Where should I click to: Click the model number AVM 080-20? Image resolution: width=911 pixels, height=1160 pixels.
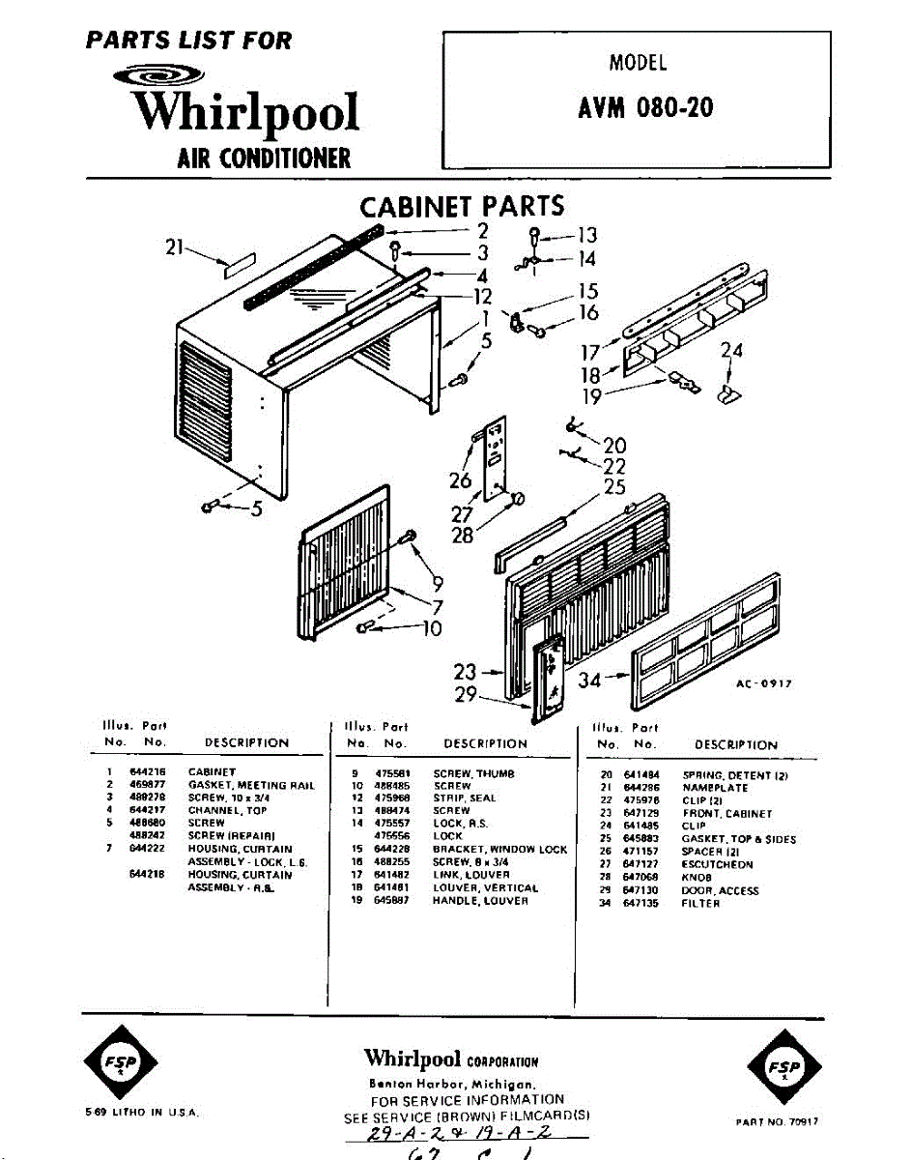pyautogui.click(x=645, y=106)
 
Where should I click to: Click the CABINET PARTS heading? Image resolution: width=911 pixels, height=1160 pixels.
pyautogui.click(x=462, y=207)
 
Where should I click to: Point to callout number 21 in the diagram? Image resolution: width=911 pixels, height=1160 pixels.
pyautogui.click(x=175, y=247)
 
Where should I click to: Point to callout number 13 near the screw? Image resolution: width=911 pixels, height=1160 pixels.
pyautogui.click(x=586, y=235)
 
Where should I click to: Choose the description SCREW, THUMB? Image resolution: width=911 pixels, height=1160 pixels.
pyautogui.click(x=467, y=773)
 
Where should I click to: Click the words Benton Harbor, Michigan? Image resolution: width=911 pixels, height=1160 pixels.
pyautogui.click(x=459, y=1086)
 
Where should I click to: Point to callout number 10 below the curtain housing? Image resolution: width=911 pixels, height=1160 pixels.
pyautogui.click(x=432, y=628)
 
